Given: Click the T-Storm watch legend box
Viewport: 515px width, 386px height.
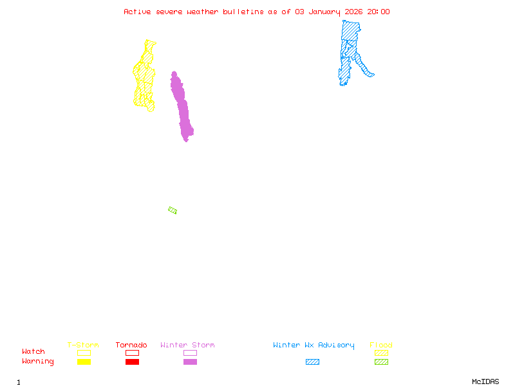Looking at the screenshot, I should pos(84,353).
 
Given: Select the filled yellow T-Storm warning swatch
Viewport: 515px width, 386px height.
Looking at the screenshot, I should pos(84,362).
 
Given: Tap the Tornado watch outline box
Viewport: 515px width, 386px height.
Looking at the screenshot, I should pos(132,353).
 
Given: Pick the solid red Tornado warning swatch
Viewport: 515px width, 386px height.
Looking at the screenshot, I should pos(132,362).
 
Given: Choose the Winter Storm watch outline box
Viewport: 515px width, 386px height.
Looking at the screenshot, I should pos(190,353).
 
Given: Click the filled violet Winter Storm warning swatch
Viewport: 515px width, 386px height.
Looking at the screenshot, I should pos(190,362).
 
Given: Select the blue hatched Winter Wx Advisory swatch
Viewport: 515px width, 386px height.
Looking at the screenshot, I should pos(312,362).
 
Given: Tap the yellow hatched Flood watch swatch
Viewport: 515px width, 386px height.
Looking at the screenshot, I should pos(381,353).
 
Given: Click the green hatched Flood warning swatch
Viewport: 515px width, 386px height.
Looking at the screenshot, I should pos(381,362).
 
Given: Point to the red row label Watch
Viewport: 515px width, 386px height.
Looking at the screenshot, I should pos(33,352).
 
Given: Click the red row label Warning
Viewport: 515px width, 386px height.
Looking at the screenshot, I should pos(38,362).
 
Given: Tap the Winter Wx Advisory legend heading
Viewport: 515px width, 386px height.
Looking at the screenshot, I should pos(314,345).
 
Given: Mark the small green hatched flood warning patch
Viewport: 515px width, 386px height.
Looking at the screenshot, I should pos(173,210).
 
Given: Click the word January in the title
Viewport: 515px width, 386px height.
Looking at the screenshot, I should pos(323,12).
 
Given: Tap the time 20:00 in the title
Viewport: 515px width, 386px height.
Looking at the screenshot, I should pos(379,12).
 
